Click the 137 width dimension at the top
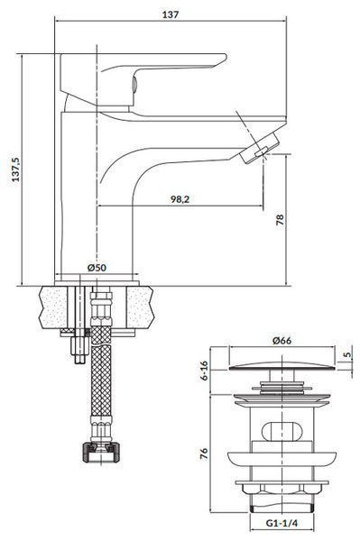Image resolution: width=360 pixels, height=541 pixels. pyautogui.click(x=171, y=14)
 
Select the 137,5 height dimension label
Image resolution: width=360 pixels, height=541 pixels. pyautogui.click(x=16, y=170)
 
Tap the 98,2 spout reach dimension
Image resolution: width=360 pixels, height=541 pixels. pyautogui.click(x=180, y=199)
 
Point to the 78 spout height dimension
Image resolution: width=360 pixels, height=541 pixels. pyautogui.click(x=280, y=219)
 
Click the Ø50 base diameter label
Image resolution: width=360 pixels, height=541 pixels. pyautogui.click(x=97, y=268)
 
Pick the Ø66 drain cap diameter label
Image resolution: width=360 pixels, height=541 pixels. pyautogui.click(x=282, y=341)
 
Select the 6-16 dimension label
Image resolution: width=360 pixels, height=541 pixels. pyautogui.click(x=204, y=371)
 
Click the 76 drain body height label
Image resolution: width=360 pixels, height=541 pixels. pyautogui.click(x=204, y=454)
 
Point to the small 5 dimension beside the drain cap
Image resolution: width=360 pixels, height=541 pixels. pyautogui.click(x=347, y=354)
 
